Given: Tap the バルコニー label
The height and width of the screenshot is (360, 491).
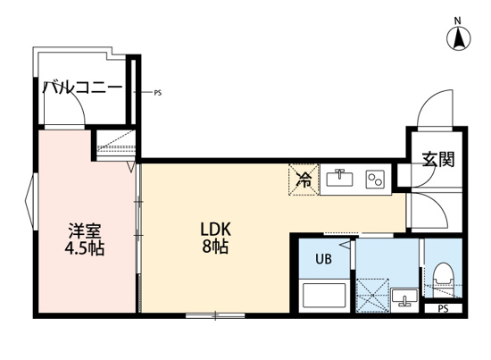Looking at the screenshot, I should click(82, 88).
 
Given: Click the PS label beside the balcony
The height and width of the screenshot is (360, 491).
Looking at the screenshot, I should click(158, 92).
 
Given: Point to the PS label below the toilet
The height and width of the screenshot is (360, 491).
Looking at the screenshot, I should click(444, 310).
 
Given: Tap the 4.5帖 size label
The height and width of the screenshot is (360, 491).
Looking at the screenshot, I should click(85, 249).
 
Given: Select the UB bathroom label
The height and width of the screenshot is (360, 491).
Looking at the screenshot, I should click(323, 261).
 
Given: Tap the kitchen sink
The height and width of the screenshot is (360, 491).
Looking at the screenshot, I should click(340, 178).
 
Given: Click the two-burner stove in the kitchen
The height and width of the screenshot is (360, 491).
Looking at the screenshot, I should click(374, 178).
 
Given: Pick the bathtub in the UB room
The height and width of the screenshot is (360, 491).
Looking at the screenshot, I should click(323, 295).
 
